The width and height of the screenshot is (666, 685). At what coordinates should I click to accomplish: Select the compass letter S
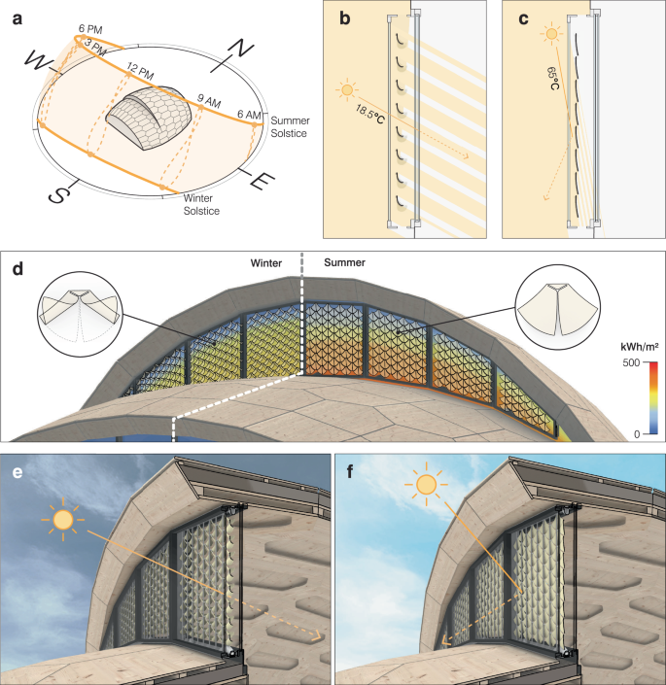(59, 194)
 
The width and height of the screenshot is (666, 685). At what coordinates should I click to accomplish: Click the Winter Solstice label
(201, 204)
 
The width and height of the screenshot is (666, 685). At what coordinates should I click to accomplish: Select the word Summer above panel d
(344, 261)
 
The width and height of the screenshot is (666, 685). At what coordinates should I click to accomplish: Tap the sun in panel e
(64, 521)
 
